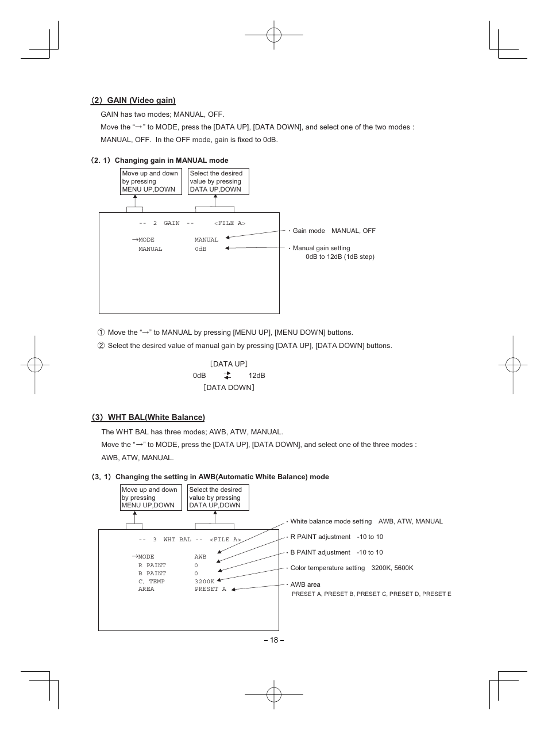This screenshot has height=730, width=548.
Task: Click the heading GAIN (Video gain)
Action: [141, 100]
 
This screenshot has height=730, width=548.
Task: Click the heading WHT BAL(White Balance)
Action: [156, 417]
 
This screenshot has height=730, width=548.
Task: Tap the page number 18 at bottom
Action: [274, 640]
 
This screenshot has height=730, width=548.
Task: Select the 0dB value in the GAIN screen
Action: [200, 249]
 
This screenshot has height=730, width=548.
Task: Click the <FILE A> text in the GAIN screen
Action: [230, 223]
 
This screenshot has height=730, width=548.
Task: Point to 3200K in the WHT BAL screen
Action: [204, 582]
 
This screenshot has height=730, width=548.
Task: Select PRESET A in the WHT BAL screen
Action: [210, 589]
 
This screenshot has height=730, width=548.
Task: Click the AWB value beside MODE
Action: [200, 557]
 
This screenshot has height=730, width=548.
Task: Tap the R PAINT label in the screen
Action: [152, 565]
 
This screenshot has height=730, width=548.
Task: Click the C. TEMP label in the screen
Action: [151, 582]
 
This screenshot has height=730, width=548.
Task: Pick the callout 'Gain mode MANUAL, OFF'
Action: [334, 231]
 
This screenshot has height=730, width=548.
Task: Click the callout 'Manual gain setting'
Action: [321, 248]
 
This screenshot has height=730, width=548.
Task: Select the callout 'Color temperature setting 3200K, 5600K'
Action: [352, 568]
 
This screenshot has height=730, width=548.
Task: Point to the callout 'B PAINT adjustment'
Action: [336, 552]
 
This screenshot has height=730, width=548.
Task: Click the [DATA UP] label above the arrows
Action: [229, 364]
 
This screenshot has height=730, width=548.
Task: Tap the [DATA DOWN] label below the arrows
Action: [229, 388]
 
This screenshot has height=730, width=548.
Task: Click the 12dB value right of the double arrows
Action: [257, 376]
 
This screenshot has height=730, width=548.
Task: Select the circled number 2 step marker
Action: [101, 346]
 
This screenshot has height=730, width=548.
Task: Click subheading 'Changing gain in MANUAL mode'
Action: [171, 160]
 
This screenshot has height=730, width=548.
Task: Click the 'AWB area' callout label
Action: [305, 584]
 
